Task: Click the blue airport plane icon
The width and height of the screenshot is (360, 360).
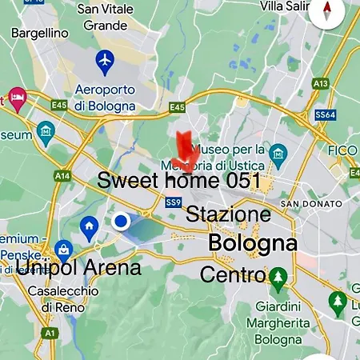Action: point(104,60)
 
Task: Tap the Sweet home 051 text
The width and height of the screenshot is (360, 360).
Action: point(179,181)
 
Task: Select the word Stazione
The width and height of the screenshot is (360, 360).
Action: point(229,214)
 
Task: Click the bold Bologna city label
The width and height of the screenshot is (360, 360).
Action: point(252,243)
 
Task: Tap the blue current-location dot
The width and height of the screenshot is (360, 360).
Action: point(121,221)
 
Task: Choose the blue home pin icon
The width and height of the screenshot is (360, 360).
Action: point(89,227)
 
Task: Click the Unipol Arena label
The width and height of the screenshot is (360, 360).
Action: point(78,267)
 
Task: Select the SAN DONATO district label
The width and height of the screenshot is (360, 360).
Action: point(311,204)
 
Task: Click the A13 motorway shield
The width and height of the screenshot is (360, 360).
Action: point(321,82)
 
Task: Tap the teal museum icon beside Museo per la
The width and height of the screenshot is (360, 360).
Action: point(278,153)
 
